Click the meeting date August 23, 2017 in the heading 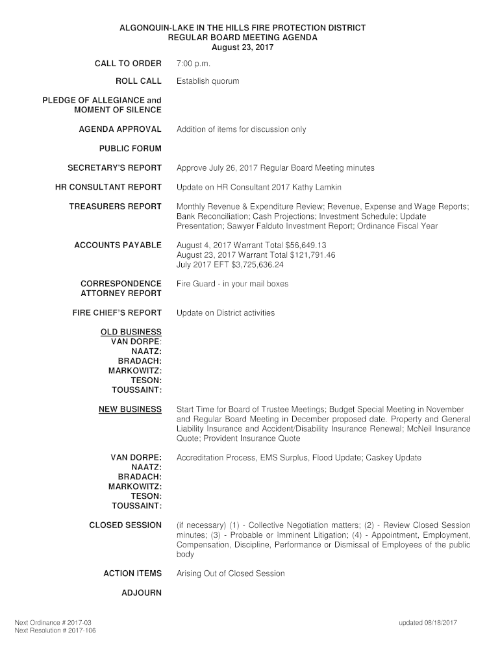point(243,47)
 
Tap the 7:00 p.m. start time point(194,64)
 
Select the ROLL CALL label point(138,81)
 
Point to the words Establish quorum point(208,81)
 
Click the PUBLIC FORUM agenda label point(130,148)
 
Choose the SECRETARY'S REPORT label point(114,168)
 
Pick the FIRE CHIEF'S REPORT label point(117,313)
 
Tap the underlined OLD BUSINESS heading point(131,332)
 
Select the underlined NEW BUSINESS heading point(130,409)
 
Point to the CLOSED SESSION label point(125,525)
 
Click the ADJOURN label point(142,593)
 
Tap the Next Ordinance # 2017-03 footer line point(53,623)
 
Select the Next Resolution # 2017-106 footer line point(55,631)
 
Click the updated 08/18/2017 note point(428,623)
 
